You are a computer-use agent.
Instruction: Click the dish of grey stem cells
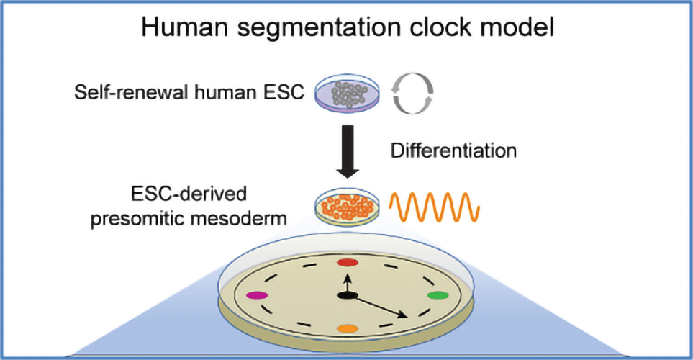click(348, 94)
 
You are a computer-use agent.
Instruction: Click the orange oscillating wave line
click(434, 207)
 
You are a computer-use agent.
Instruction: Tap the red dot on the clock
click(348, 262)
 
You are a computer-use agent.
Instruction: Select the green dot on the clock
click(438, 296)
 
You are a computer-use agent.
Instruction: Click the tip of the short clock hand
click(348, 274)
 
